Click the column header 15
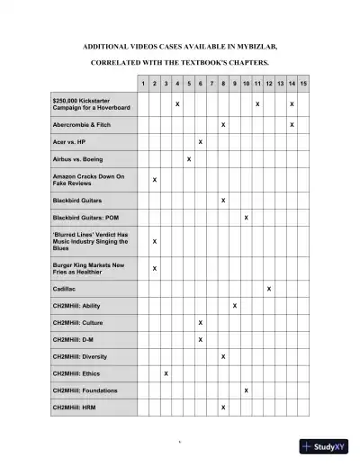(x=304, y=84)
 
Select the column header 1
(x=143, y=84)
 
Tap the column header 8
(x=223, y=84)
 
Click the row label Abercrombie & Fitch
(x=84, y=124)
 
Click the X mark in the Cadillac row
(x=269, y=289)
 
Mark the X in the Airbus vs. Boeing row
(x=189, y=159)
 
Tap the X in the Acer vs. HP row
(x=200, y=142)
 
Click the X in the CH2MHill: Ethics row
(x=166, y=373)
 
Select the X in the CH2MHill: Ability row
(x=235, y=306)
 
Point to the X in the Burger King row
(x=154, y=268)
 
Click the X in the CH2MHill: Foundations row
(x=246, y=390)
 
